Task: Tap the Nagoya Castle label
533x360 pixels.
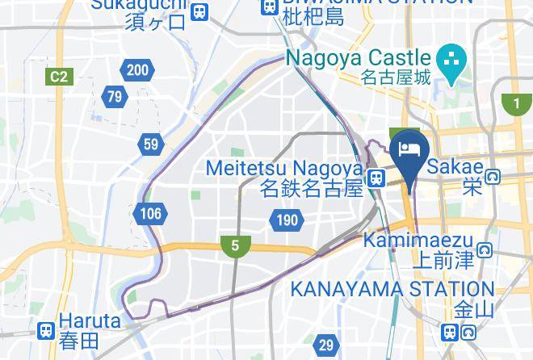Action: coord(358,59)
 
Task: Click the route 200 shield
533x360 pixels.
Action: coord(137,70)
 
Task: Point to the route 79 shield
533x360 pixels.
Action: coord(115,97)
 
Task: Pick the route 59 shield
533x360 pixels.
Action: coord(150,144)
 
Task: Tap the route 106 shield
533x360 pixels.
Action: coord(149,214)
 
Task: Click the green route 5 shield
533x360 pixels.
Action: coord(235,245)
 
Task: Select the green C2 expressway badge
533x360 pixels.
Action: coord(57,77)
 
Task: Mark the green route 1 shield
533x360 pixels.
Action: coord(514,103)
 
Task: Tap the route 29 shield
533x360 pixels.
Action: coord(325,345)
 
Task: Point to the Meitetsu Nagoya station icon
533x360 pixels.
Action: coord(376,179)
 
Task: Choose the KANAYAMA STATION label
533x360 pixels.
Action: coord(392,289)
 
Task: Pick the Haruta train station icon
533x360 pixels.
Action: coord(46,329)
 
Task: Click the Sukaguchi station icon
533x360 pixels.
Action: coord(200,11)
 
